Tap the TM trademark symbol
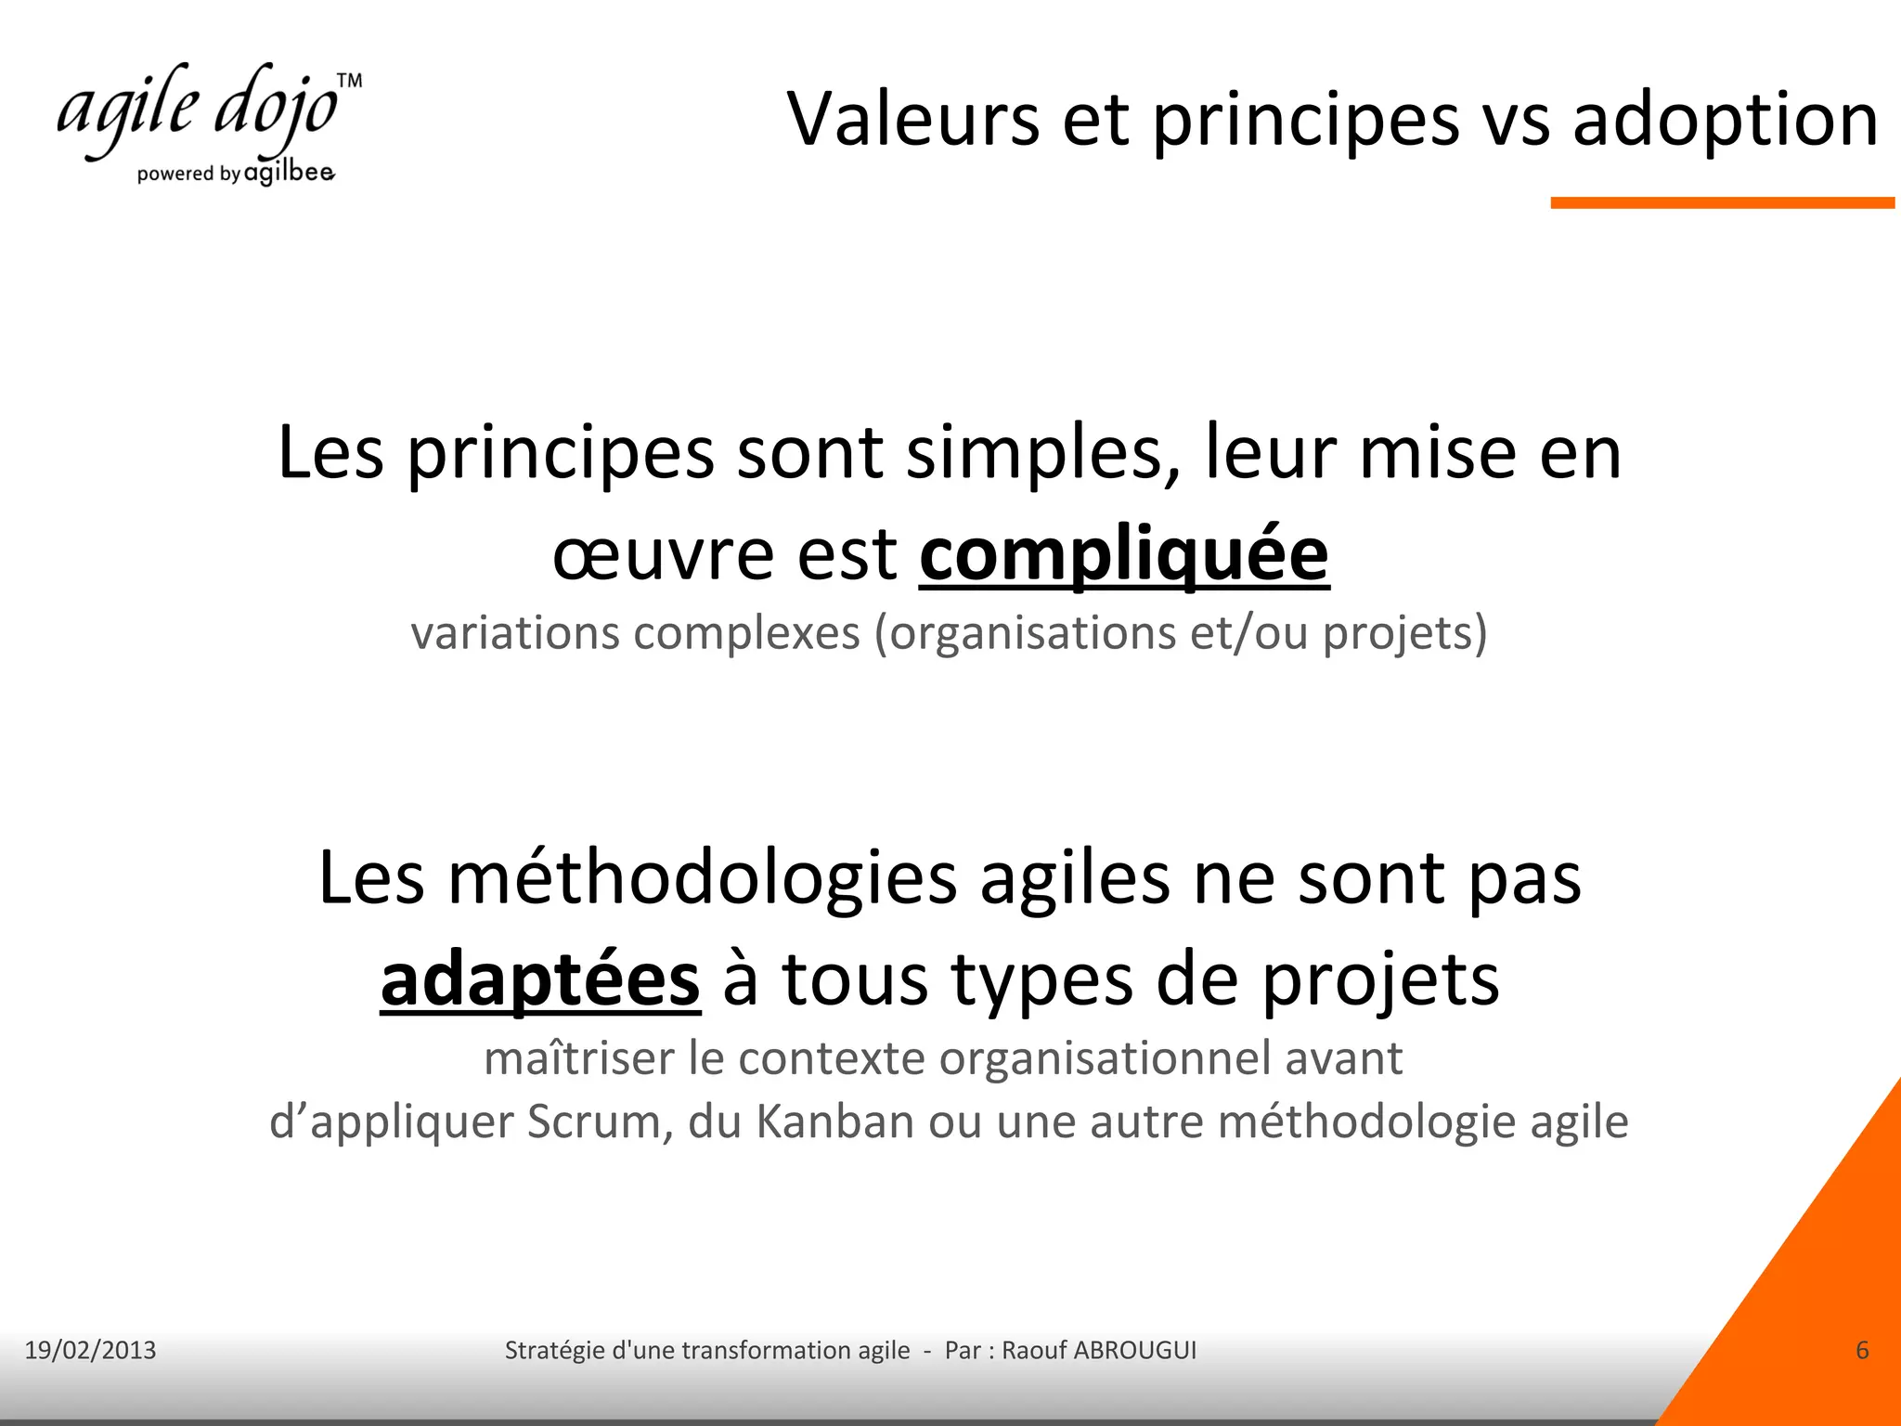(x=349, y=81)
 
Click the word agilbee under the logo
(x=289, y=173)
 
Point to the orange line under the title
(x=1722, y=202)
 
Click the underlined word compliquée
(x=1124, y=555)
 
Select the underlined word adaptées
(x=540, y=980)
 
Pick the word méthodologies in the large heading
(x=703, y=878)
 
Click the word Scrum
(x=600, y=1121)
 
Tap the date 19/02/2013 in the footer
(x=90, y=1350)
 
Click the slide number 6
(x=1862, y=1350)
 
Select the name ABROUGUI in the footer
(x=1134, y=1350)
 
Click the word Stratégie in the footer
(x=554, y=1350)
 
